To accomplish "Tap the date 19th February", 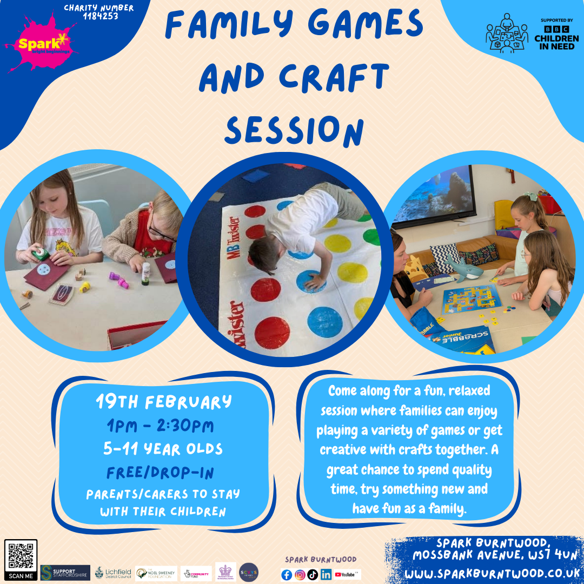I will point(164,402).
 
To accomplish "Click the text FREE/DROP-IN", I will point(161,473).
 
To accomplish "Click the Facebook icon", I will point(287,575).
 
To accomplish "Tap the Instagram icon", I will point(300,575).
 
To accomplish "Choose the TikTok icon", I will point(313,575).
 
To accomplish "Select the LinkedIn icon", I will point(326,575).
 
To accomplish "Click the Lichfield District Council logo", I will point(113,573).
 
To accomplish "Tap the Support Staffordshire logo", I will point(65,573).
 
